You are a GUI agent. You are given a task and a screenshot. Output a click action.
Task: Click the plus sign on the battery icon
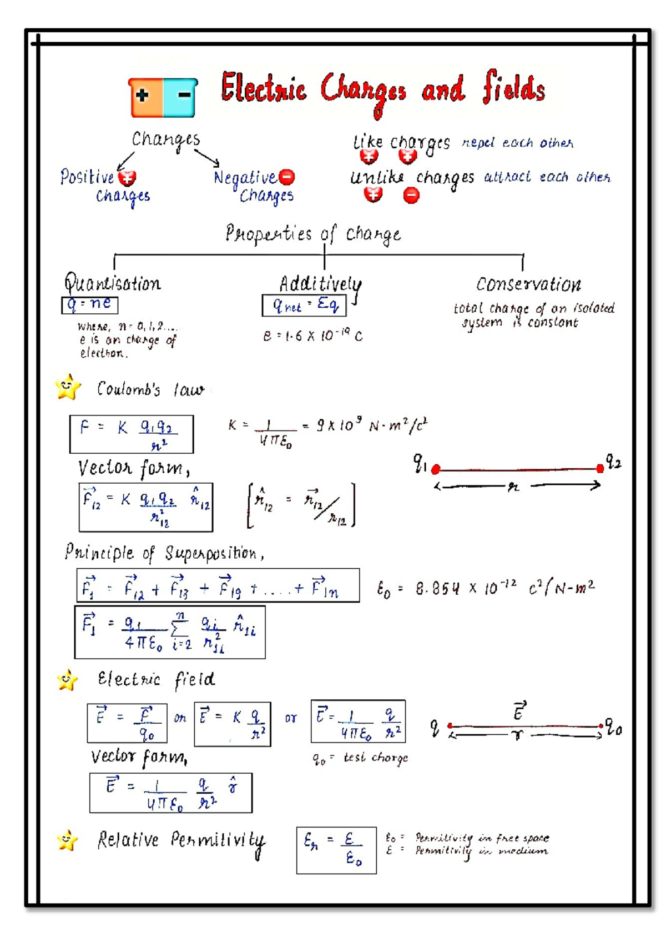coord(143,96)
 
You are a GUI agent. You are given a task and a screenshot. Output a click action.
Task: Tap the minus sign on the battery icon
coord(184,96)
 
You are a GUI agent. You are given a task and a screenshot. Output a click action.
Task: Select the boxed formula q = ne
coord(89,304)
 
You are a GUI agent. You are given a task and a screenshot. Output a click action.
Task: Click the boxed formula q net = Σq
coord(304,305)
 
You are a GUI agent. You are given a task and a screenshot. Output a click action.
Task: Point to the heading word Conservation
coord(528,284)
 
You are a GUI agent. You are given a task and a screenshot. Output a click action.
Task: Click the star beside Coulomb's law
coord(68,387)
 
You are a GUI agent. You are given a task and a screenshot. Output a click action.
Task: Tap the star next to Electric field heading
coord(68,680)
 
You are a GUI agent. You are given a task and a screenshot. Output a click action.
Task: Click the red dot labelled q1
coord(436,469)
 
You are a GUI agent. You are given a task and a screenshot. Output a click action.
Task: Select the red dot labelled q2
coord(600,468)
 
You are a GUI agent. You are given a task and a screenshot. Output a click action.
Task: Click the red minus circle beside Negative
coord(287,177)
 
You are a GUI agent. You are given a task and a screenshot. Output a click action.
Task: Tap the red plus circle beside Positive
coord(128,178)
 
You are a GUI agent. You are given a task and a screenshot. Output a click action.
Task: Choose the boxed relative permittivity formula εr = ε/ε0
coord(336,850)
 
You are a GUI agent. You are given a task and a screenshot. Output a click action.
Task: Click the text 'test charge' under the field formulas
coord(375,758)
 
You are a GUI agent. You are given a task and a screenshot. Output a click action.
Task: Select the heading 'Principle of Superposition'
coord(164,553)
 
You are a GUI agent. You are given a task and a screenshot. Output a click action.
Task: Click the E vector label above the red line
coord(519,711)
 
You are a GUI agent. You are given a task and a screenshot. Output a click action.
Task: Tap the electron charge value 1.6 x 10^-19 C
coord(312,336)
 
